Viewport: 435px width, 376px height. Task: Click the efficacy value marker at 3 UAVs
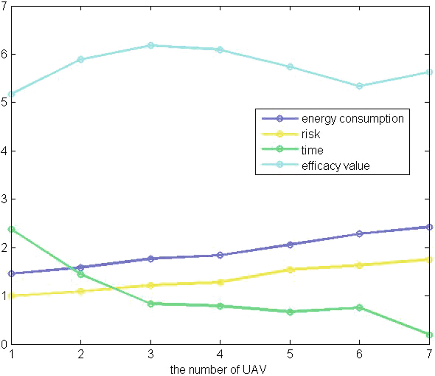pyautogui.click(x=151, y=45)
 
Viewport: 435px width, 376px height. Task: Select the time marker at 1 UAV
pyautogui.click(x=11, y=229)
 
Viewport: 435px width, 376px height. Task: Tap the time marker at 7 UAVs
pyautogui.click(x=429, y=335)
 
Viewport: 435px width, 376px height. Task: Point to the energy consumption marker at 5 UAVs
pyautogui.click(x=290, y=244)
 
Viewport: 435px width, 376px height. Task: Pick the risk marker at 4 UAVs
pyautogui.click(x=220, y=282)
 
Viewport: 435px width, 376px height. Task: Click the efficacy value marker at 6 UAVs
pyautogui.click(x=359, y=86)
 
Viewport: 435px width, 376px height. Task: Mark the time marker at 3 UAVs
pyautogui.click(x=151, y=304)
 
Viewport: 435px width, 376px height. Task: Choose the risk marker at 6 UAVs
pyautogui.click(x=359, y=265)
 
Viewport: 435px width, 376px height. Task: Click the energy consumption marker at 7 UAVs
pyautogui.click(x=429, y=227)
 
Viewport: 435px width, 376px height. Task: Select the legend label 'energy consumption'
pyautogui.click(x=352, y=118)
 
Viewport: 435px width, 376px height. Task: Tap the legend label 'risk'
pyautogui.click(x=311, y=134)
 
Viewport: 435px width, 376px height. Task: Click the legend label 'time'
pyautogui.click(x=312, y=150)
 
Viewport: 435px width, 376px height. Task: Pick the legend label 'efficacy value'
pyautogui.click(x=335, y=166)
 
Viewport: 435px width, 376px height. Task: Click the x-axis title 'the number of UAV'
pyautogui.click(x=218, y=370)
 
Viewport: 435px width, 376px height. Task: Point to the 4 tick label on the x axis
pyautogui.click(x=220, y=354)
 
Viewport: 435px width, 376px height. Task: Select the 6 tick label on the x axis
pyautogui.click(x=359, y=354)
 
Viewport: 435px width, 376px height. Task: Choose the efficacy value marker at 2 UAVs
pyautogui.click(x=81, y=59)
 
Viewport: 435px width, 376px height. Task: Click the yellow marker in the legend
pyautogui.click(x=280, y=134)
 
